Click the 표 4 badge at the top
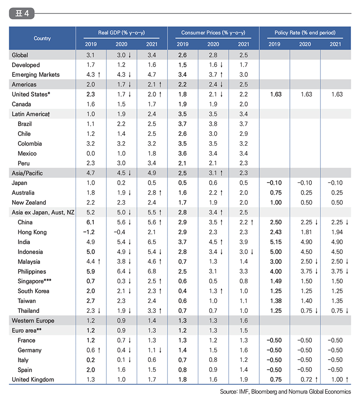[x=22, y=13]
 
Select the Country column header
[x=42, y=38]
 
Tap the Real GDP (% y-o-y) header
[x=121, y=33]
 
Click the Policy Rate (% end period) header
[x=305, y=33]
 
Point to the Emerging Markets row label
[x=36, y=75]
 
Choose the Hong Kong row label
[x=32, y=232]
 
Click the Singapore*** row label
[x=34, y=281]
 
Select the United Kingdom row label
[x=33, y=380]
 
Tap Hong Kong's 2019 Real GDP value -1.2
[x=89, y=232]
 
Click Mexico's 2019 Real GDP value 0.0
[x=90, y=153]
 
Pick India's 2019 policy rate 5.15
[x=276, y=242]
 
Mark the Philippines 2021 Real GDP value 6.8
[x=152, y=271]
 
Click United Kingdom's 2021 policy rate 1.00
[x=337, y=380]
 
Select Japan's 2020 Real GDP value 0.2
[x=121, y=183]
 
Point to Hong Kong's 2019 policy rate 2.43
[x=276, y=232]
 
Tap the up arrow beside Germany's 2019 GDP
[x=99, y=350]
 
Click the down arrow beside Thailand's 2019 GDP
[x=99, y=311]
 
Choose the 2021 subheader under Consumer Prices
[x=243, y=44]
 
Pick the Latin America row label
[x=31, y=114]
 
